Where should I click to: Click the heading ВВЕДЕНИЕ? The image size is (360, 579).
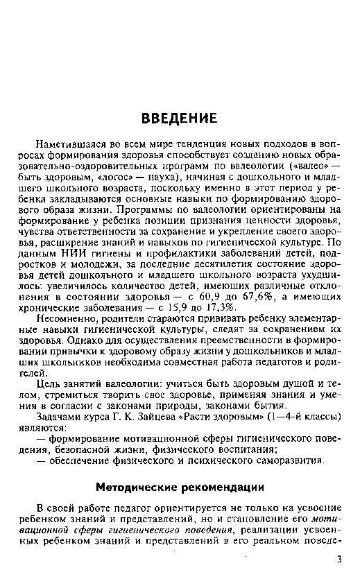click(180, 116)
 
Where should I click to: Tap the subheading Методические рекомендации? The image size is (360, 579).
click(180, 485)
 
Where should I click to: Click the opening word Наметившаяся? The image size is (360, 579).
click(74, 144)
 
